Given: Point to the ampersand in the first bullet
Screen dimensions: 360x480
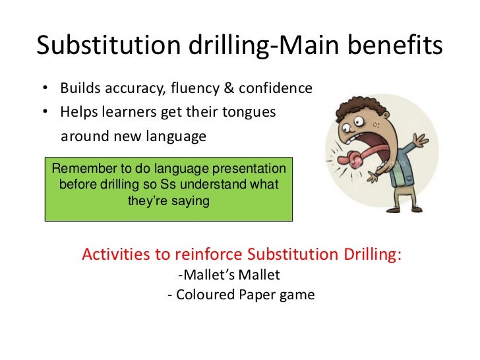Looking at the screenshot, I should pos(225,88).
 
